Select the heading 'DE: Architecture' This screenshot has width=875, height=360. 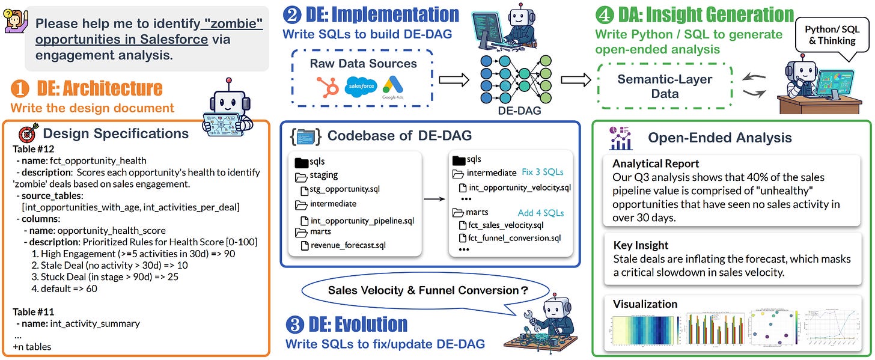click(x=100, y=89)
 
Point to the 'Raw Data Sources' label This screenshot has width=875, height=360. click(x=363, y=64)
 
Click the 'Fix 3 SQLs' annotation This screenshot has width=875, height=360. click(x=543, y=172)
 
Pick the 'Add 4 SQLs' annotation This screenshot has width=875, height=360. click(x=541, y=212)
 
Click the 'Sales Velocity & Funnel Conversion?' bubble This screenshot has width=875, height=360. click(x=427, y=290)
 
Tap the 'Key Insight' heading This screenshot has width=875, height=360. click(x=641, y=245)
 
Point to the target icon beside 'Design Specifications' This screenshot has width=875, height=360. click(x=28, y=133)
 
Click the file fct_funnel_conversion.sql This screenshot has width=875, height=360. click(x=510, y=238)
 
